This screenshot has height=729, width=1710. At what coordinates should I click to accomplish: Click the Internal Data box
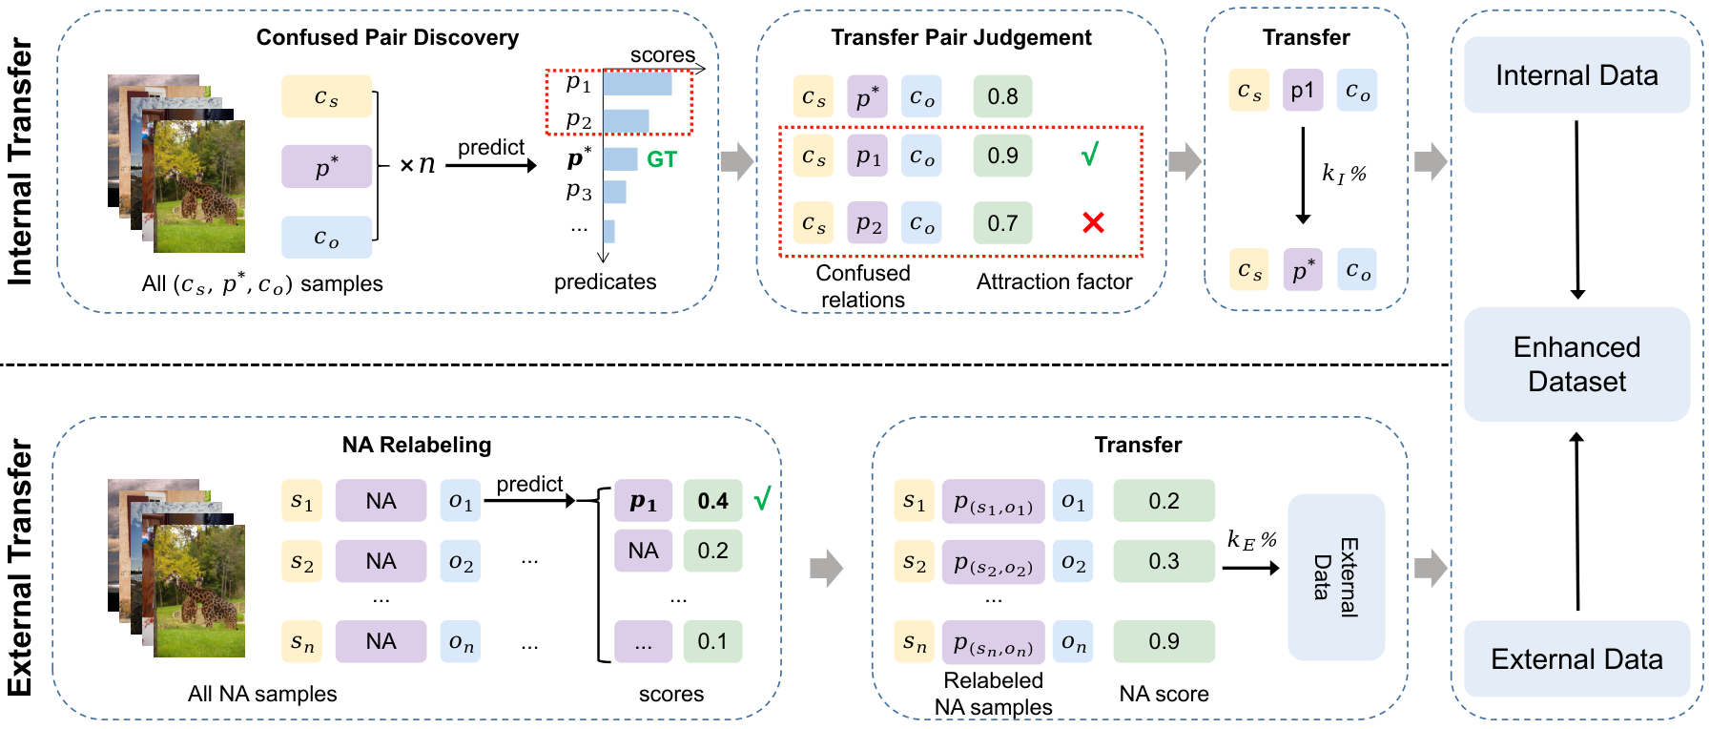coord(1576,74)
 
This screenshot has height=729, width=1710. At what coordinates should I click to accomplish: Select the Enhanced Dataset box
coord(1576,364)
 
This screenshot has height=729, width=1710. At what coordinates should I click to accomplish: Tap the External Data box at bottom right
coord(1576,658)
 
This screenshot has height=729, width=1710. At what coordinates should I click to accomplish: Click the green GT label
coord(662,159)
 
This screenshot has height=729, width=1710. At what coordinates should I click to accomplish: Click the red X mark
coord(1093,222)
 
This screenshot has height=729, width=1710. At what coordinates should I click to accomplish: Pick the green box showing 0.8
coord(1002,96)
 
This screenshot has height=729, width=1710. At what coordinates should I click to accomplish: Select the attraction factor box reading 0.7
coord(1002,223)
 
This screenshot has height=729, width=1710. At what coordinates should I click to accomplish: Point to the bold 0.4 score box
coord(712,501)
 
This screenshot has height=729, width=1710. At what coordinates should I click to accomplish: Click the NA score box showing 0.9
coord(1164,641)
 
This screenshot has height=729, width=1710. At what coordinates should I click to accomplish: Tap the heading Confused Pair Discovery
coord(387,37)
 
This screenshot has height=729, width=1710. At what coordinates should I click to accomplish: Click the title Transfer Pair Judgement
coord(961,37)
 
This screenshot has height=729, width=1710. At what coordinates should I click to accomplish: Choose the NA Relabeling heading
coord(417,445)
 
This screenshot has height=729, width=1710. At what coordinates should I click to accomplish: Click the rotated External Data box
coord(1336,577)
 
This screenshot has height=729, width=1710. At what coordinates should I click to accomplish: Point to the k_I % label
coord(1344,174)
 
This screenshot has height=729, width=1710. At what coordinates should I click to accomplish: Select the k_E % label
coord(1251,540)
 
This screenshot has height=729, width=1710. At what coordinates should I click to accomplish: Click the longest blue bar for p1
coord(637,84)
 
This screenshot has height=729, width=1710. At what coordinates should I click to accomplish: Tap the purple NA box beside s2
coord(381,561)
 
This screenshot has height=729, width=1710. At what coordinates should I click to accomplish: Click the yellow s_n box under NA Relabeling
coord(301,641)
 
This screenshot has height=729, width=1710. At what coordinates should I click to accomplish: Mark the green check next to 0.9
coord(1090,154)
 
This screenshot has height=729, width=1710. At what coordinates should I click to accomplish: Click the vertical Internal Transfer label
coord(20,162)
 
